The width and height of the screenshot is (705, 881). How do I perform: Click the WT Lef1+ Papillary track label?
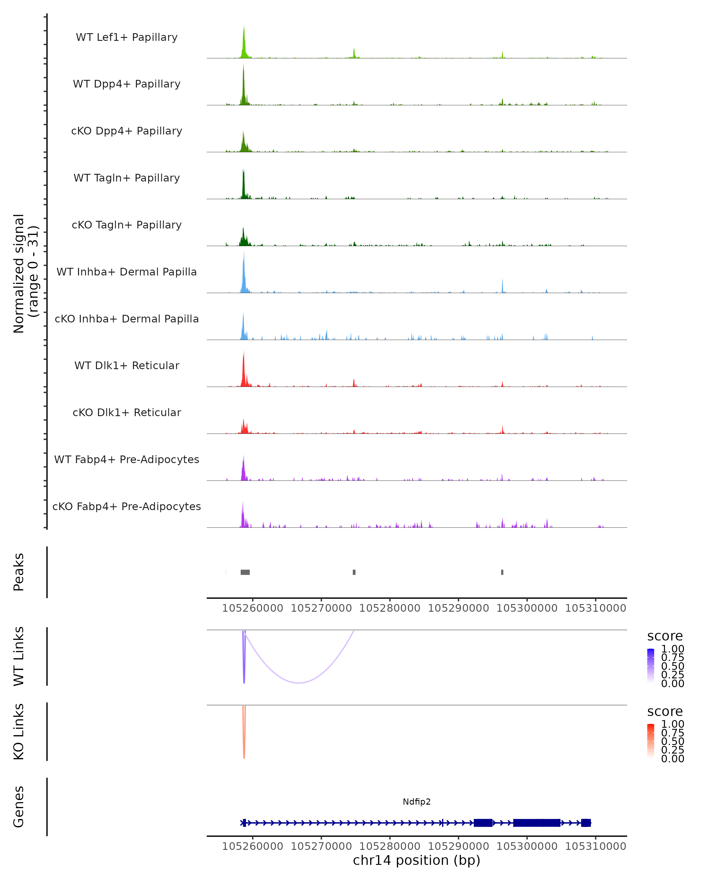click(x=127, y=37)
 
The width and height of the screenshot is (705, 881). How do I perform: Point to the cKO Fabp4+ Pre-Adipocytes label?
click(x=127, y=506)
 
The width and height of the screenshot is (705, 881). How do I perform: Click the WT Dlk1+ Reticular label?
click(x=127, y=365)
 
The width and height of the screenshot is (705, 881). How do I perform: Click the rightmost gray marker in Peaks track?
click(x=502, y=572)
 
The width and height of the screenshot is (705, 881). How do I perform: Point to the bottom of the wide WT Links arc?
click(x=299, y=682)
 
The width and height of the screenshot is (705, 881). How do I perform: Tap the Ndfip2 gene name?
click(x=417, y=802)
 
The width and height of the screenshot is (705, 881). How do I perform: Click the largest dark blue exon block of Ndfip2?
click(x=537, y=823)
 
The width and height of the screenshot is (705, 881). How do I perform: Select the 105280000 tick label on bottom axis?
click(x=390, y=846)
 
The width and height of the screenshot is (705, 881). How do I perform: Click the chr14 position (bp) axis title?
click(x=417, y=860)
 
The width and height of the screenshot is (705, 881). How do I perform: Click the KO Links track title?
click(x=19, y=732)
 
